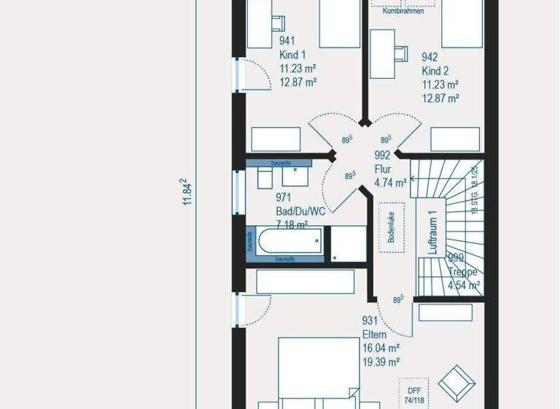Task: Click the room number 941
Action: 287,41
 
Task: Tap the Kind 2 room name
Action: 435,71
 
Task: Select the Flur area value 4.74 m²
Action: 390,183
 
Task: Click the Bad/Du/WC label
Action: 300,211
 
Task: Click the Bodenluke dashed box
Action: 391,226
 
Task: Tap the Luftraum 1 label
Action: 432,233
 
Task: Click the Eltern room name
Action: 375,335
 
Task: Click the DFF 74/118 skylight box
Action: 413,392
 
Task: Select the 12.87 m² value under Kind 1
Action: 298,83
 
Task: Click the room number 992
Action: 383,155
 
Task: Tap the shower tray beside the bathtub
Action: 349,242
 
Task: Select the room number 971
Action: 284,197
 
